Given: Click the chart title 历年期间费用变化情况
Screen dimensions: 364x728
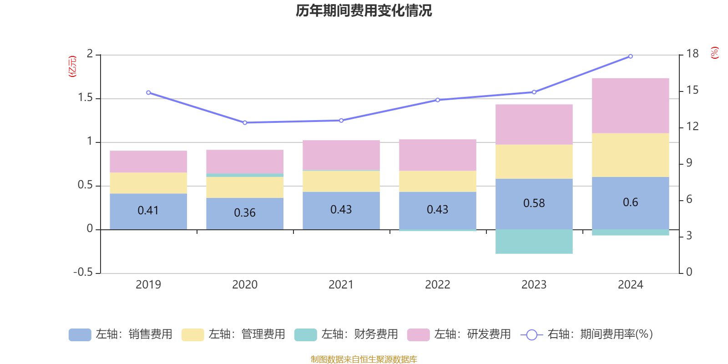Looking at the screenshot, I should point(364,10).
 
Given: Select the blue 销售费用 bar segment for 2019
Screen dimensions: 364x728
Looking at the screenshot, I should point(148,211).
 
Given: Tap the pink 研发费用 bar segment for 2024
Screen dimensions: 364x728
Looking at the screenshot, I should point(630,106).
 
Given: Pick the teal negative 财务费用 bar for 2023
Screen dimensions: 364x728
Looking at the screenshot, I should point(534,242).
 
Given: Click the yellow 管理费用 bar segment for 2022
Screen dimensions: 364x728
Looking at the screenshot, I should point(437,181).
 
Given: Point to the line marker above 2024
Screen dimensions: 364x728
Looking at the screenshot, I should point(630,56).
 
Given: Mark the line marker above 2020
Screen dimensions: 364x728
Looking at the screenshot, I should point(245,122).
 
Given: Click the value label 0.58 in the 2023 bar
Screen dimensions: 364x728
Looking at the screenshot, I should point(534,203).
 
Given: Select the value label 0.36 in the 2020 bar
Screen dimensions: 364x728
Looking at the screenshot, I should point(245,212).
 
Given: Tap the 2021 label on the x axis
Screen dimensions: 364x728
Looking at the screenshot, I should point(341,284).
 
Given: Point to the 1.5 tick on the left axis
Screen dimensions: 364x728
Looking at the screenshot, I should point(86,98).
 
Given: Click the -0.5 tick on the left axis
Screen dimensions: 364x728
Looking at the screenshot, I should point(83,272).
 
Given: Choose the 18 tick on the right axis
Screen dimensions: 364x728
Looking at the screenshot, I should point(693,54).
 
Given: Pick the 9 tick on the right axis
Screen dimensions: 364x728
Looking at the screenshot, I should point(689,163).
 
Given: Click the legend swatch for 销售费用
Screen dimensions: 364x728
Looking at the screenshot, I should point(80,334).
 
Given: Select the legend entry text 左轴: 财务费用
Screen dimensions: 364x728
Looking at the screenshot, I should point(359,334).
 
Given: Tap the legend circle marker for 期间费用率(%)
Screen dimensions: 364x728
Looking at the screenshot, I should point(531,335).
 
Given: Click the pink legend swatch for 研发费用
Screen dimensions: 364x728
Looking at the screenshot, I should point(418,334).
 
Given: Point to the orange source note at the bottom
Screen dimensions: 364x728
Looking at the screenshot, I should point(364,359).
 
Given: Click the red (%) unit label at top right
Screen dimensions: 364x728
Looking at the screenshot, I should point(715,53).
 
